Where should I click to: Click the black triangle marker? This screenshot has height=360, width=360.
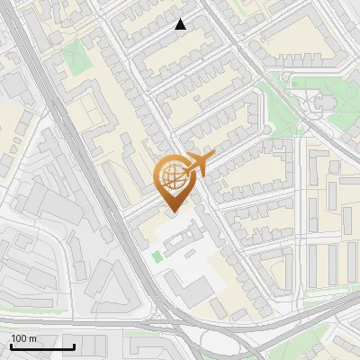(181, 24)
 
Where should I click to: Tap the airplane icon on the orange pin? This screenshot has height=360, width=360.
(196, 165)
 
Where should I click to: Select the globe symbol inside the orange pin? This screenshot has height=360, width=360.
(172, 175)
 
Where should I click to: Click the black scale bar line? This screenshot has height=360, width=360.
(41, 346)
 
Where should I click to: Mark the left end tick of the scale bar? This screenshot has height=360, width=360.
(10, 346)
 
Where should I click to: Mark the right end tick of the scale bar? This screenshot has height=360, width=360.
(74, 346)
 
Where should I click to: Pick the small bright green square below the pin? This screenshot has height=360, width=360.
(157, 257)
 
